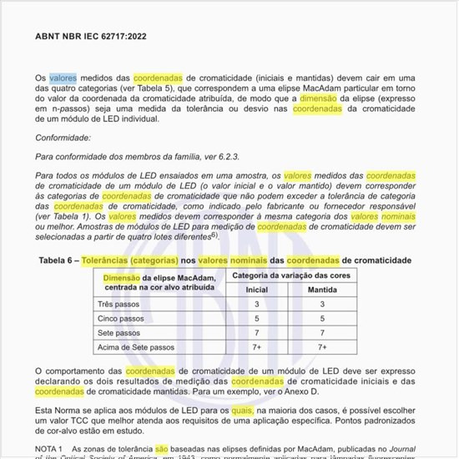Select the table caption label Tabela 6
(x=62, y=261)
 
